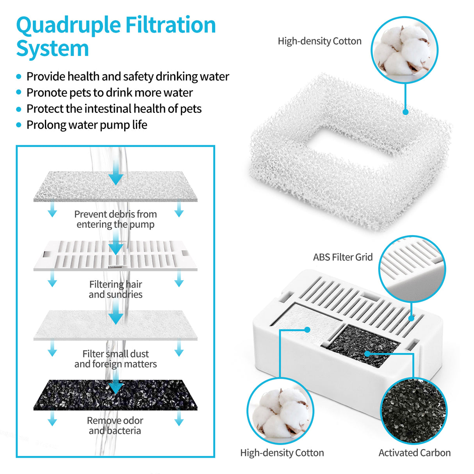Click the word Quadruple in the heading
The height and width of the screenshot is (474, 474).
(68, 26)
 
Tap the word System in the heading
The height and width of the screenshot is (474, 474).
(52, 49)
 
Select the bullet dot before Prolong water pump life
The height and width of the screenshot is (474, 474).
(19, 125)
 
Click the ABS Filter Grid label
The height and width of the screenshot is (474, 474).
(342, 257)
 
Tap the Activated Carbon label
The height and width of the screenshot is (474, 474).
(414, 453)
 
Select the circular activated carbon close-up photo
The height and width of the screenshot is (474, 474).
(413, 411)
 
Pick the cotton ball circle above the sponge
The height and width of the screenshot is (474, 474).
(404, 50)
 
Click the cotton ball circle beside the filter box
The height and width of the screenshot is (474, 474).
(280, 411)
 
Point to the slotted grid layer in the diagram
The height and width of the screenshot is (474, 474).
(78, 255)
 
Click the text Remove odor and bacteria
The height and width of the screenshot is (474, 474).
(115, 426)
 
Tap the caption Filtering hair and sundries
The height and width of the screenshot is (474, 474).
(115, 289)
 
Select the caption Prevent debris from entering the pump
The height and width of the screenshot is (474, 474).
(115, 219)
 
